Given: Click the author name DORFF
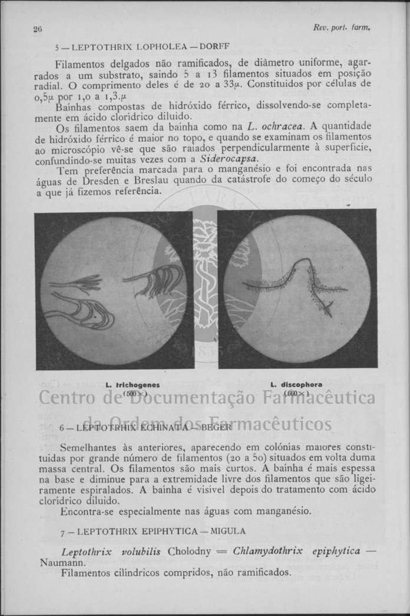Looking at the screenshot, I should pyautogui.click(x=215, y=46).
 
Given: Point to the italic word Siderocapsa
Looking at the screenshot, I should pyautogui.click(x=228, y=159).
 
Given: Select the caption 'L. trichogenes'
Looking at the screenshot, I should pyautogui.click(x=133, y=385).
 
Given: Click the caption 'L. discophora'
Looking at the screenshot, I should pyautogui.click(x=296, y=385).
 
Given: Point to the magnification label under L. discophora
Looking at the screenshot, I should pyautogui.click(x=296, y=393).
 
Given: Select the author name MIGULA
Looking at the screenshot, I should pyautogui.click(x=227, y=531).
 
